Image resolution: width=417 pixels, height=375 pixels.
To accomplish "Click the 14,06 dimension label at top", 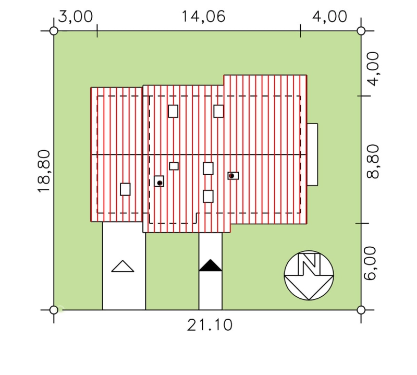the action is [203, 17].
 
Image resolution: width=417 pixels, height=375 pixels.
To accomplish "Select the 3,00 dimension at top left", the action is [76, 17].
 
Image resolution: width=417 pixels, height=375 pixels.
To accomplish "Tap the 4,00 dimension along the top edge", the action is [330, 17].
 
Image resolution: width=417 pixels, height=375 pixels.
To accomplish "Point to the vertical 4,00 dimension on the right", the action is [373, 69].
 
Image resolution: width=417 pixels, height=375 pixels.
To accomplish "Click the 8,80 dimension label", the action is [373, 161].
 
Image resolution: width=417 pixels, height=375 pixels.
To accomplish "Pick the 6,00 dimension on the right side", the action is [370, 263].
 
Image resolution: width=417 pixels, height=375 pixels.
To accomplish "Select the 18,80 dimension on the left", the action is [44, 171].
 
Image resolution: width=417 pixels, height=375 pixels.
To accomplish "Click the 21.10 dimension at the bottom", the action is [210, 325].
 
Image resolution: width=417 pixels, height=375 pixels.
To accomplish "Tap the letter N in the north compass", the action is [309, 264].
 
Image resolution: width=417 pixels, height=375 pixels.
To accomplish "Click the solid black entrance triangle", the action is [211, 265].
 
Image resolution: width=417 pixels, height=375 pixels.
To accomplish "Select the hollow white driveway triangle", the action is [122, 266].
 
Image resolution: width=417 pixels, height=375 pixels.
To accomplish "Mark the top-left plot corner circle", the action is [54, 31].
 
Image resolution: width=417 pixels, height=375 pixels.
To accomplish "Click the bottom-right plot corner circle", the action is [361, 310].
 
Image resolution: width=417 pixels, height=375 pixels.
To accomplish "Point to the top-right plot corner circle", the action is [361, 31].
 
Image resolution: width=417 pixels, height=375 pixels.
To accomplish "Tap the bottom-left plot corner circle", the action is [54, 310].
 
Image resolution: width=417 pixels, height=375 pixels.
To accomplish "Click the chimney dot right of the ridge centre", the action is [231, 176].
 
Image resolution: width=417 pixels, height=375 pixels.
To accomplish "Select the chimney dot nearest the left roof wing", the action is [160, 183].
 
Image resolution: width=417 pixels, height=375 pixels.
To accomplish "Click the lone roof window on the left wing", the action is [125, 189].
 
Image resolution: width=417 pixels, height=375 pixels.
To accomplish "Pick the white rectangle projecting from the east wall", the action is [312, 154].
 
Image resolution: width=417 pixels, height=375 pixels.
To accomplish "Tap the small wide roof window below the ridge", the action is [174, 166].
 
